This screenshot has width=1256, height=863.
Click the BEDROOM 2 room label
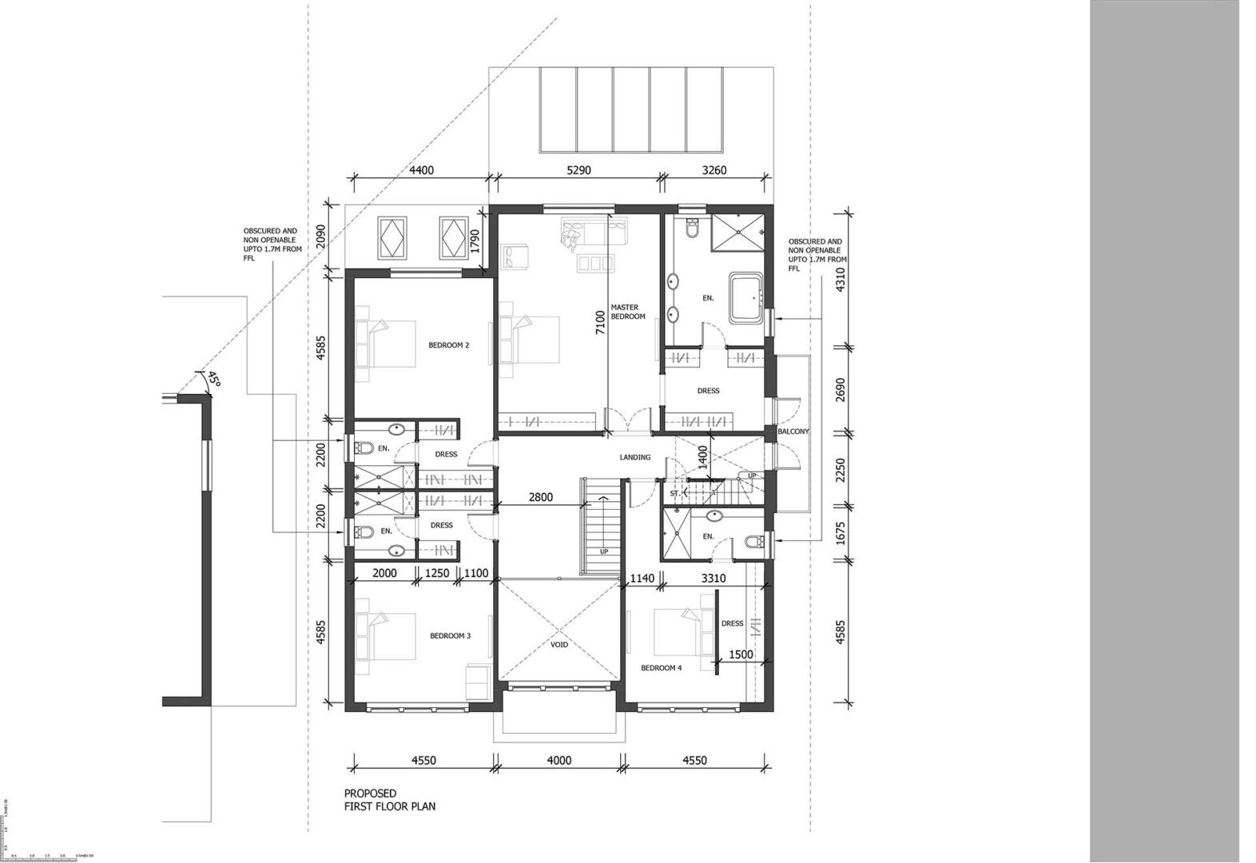click(448, 345)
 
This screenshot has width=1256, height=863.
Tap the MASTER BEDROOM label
click(627, 312)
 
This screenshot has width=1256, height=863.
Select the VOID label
click(559, 644)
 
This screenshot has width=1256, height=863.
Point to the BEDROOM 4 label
click(661, 668)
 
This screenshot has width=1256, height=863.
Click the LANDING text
click(635, 457)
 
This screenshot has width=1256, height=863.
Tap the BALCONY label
click(793, 431)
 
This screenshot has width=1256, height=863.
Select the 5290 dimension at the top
click(578, 170)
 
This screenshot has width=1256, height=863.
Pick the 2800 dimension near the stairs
click(540, 497)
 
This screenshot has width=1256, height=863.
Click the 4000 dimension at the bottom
click(558, 761)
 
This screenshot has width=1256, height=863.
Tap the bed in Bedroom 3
click(392, 636)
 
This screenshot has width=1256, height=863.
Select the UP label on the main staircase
click(604, 551)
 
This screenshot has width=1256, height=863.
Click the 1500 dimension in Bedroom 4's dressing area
click(741, 654)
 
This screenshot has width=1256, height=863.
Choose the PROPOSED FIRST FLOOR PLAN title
click(390, 799)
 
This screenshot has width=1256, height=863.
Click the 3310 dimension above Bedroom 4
click(712, 578)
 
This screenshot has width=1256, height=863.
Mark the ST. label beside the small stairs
click(674, 494)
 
